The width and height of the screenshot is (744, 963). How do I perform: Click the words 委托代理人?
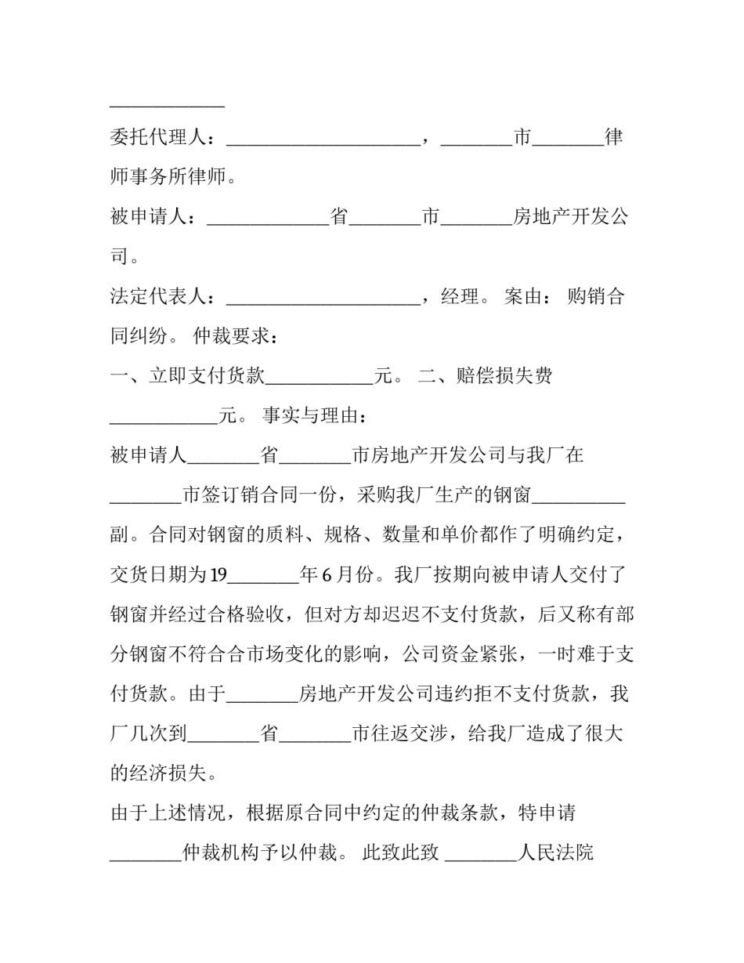tap(158, 138)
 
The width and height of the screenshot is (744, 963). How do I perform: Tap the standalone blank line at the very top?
tap(167, 105)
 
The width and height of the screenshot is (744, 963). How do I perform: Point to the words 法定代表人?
tap(158, 297)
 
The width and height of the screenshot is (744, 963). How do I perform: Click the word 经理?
tap(460, 297)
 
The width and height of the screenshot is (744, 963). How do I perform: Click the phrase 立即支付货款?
tap(207, 376)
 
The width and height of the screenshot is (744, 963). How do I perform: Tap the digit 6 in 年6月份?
tap(327, 575)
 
